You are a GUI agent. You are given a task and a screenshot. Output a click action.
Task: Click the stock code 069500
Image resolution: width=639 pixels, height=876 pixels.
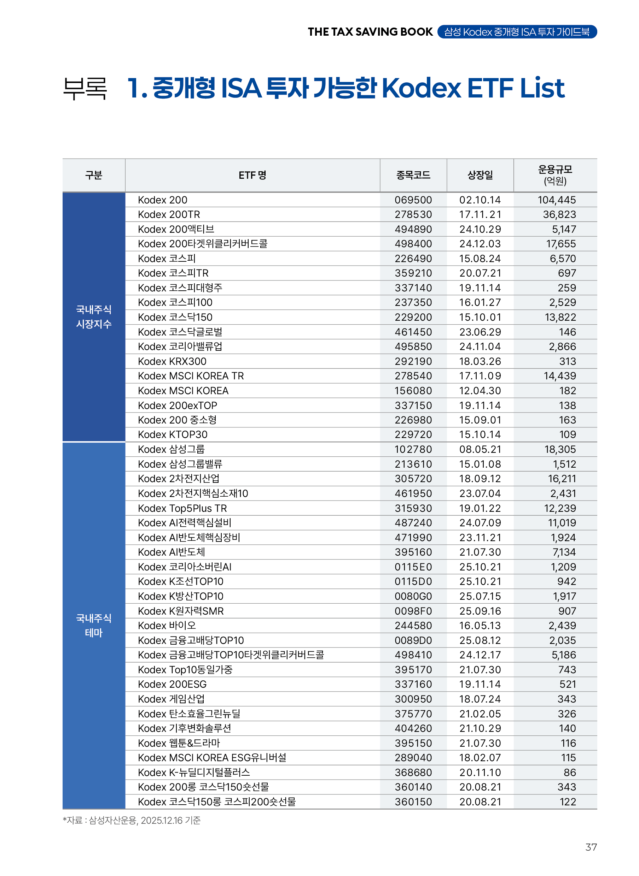click(413, 200)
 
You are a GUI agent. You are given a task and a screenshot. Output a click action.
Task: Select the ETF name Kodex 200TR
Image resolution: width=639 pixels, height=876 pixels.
click(169, 214)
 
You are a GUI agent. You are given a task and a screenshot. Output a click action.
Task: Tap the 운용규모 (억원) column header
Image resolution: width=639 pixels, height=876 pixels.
click(555, 175)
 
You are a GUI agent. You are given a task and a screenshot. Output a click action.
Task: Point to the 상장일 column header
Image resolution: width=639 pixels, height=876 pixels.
click(480, 175)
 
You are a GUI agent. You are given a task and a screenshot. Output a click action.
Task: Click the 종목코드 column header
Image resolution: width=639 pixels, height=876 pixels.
click(413, 175)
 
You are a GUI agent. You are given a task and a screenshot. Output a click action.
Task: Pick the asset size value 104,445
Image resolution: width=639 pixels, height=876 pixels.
click(556, 200)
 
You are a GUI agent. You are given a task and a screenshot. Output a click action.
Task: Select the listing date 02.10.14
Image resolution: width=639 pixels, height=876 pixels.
click(480, 200)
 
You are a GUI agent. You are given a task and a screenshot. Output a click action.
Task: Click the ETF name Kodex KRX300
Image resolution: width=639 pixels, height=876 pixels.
click(172, 361)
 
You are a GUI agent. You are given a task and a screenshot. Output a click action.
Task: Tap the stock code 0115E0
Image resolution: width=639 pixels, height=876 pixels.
click(413, 567)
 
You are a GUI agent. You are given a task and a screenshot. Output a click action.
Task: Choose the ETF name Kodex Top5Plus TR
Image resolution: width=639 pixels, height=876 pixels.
click(182, 508)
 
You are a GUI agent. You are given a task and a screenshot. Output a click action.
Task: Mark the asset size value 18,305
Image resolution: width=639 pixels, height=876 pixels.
click(560, 449)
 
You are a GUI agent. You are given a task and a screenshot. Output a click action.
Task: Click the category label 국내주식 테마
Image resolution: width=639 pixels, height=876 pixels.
click(94, 625)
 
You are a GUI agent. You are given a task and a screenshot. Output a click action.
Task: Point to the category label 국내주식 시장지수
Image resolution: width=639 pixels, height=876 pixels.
click(94, 316)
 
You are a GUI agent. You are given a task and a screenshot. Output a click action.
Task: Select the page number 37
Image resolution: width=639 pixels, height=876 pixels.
click(591, 847)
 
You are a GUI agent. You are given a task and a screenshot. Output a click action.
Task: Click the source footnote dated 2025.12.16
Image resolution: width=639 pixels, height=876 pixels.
click(132, 820)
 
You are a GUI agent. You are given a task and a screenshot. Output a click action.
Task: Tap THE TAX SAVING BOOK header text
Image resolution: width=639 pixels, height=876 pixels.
click(370, 32)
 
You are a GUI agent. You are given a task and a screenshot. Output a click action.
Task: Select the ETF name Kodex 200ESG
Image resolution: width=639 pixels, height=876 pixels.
click(172, 684)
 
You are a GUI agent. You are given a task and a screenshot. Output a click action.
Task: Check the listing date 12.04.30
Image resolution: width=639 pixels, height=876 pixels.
click(480, 391)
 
